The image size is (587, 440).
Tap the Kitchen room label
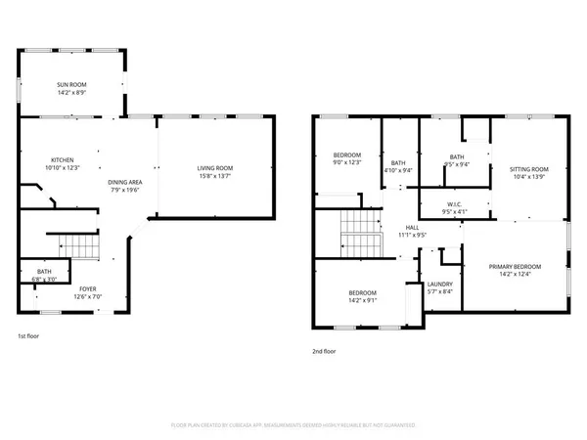pos(64,160)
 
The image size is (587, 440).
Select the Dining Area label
pos(125,182)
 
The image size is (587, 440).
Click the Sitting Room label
pos(528,168)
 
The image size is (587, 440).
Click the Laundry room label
pos(439,285)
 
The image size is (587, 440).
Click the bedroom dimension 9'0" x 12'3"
pos(347,161)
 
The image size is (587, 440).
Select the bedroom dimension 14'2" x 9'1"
pos(364,301)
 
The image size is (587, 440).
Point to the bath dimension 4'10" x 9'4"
pos(398,170)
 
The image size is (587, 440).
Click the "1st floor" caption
pos(29,335)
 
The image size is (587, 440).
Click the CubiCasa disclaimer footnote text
pos(293,426)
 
